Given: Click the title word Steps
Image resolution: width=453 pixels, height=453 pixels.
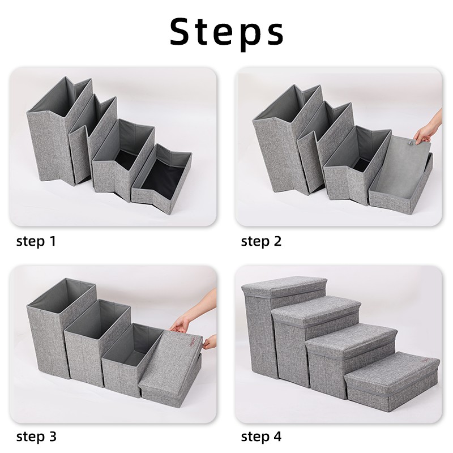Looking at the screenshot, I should [x=226, y=32].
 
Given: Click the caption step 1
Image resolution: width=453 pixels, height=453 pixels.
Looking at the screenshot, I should [x=36, y=242].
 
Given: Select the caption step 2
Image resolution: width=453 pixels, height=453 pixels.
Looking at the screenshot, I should [x=261, y=242].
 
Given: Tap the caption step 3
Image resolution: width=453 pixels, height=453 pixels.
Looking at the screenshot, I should [x=36, y=437].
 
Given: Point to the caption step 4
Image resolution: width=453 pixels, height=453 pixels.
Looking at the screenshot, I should [x=261, y=437].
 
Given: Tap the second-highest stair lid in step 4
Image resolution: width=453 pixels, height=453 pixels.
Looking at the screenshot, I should [x=317, y=309].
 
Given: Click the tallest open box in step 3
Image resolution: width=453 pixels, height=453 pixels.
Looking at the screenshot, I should [x=54, y=334].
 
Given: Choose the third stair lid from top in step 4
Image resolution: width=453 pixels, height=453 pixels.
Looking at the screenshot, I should [x=351, y=337].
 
